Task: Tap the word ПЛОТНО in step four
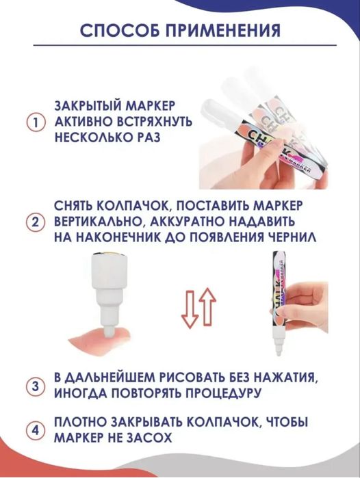[77, 423]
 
